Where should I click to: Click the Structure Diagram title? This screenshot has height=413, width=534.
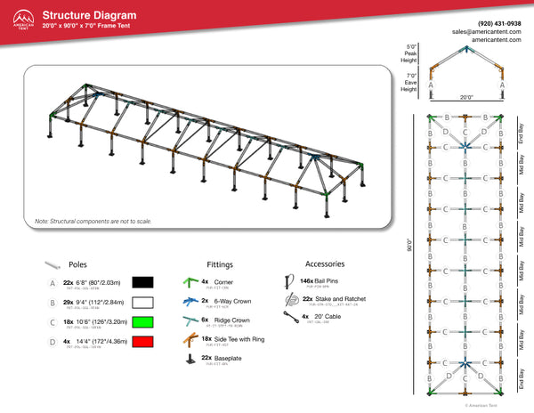point(90,15)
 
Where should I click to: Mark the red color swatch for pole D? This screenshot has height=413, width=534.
point(143,341)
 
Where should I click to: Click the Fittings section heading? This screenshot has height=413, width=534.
point(221,264)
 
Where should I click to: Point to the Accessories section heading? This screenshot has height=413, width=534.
point(326,264)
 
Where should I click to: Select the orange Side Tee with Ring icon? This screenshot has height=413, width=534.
point(189,341)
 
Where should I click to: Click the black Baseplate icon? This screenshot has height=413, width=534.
point(189,360)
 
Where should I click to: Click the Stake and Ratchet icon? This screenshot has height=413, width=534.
point(287,301)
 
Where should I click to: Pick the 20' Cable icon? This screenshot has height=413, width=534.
point(287,319)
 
